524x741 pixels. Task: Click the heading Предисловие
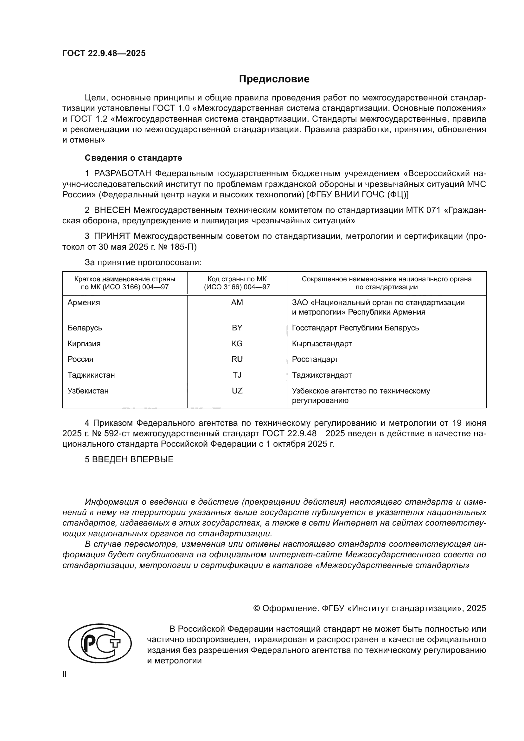click(x=274, y=79)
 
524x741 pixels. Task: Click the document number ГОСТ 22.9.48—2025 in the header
click(x=104, y=53)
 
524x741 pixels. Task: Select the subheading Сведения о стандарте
click(x=133, y=158)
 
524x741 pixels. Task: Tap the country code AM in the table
click(x=237, y=303)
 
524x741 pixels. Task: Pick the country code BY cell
click(x=237, y=328)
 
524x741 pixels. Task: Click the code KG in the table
click(x=237, y=344)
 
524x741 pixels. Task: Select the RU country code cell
click(x=237, y=359)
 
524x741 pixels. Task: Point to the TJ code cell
click(x=237, y=375)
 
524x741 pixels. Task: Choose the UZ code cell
click(x=237, y=391)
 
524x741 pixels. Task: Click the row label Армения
click(x=84, y=303)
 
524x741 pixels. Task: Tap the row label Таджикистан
click(x=91, y=375)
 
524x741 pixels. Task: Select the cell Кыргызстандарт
click(x=322, y=344)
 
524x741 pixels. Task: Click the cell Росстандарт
click(x=315, y=359)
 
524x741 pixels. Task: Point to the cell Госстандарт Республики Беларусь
click(x=355, y=328)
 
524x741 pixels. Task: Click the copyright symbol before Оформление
click(x=257, y=608)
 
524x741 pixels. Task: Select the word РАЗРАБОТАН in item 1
click(x=123, y=174)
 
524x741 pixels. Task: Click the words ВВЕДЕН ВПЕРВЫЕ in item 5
click(x=133, y=460)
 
